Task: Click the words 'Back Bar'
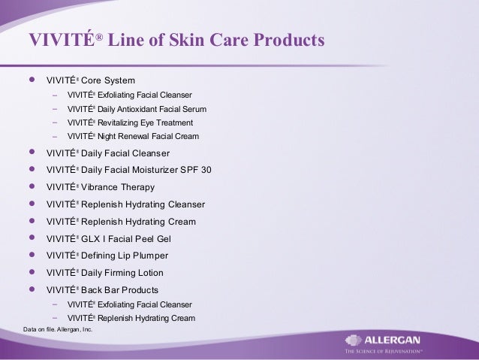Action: click(x=101, y=290)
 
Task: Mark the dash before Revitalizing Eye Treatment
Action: click(x=56, y=122)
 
